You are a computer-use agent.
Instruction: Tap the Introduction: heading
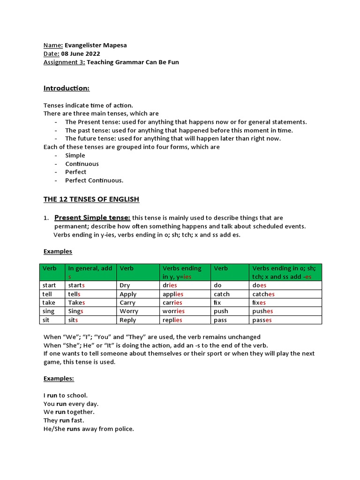click(x=66, y=88)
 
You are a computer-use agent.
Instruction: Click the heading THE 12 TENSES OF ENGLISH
click(x=91, y=199)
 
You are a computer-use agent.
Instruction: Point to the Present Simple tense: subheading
click(x=92, y=217)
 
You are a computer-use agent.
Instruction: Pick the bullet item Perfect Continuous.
click(x=94, y=180)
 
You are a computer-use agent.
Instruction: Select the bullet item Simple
click(x=75, y=155)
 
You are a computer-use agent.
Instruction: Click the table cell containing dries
click(x=185, y=285)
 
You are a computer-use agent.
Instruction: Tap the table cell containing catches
click(x=285, y=294)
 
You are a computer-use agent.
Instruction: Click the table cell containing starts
click(x=90, y=285)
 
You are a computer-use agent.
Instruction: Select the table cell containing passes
click(x=285, y=320)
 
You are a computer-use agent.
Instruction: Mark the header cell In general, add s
click(x=90, y=272)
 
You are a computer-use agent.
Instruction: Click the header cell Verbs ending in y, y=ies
click(x=185, y=272)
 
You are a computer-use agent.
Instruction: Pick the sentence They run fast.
click(x=64, y=420)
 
